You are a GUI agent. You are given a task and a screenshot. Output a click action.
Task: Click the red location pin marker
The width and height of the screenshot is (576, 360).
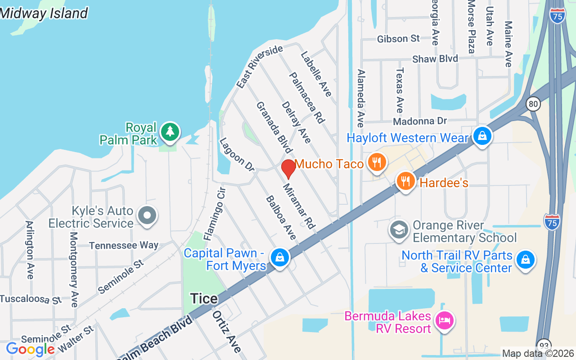tap(288, 169)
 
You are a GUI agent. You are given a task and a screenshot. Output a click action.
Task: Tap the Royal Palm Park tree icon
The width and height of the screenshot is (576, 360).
tap(170, 132)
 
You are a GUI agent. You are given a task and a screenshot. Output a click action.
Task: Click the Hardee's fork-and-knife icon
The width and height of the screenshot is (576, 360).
tap(406, 181)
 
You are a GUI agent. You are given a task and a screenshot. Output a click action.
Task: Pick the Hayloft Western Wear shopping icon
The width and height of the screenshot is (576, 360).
tap(482, 135)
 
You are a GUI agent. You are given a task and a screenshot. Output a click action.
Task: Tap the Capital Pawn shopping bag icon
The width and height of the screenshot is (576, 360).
tap(280, 258)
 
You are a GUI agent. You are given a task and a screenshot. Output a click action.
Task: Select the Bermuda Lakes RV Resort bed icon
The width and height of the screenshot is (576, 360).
tap(445, 321)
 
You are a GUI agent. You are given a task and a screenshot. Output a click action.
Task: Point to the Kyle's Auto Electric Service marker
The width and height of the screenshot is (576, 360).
tap(147, 216)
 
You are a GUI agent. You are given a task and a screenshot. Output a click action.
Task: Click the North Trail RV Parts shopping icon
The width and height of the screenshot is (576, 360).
tap(525, 260)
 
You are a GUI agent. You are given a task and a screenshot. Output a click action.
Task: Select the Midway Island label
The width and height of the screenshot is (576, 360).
tap(44, 13)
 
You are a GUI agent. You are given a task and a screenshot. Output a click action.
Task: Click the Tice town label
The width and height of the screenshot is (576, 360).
tap(204, 298)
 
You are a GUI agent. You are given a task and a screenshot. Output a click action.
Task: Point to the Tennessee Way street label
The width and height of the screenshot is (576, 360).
tap(124, 245)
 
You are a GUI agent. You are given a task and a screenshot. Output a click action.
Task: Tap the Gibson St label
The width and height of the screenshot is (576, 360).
tap(398, 39)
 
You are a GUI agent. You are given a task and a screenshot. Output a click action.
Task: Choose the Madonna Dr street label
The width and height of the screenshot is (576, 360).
tap(420, 121)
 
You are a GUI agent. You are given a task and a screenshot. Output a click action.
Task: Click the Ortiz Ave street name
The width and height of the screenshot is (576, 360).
tap(227, 331)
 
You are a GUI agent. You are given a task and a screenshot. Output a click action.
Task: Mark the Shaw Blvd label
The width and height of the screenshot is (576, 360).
tap(435, 59)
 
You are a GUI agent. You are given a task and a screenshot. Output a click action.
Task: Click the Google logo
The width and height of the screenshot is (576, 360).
tap(30, 349)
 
